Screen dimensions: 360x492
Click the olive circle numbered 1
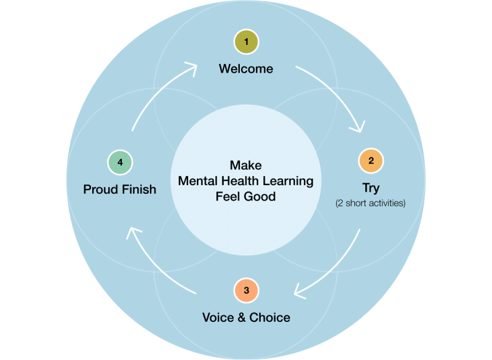click(x=246, y=42)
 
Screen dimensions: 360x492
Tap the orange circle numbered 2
click(x=370, y=161)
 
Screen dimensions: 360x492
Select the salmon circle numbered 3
click(x=246, y=290)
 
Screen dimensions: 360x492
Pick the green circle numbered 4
click(x=121, y=162)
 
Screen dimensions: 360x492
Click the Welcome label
click(x=246, y=69)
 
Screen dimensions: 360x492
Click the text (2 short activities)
click(x=370, y=203)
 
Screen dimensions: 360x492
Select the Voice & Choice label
click(x=246, y=318)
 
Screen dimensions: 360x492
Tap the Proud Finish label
click(x=120, y=190)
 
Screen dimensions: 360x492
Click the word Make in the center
click(x=246, y=166)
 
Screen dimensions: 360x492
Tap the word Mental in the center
click(x=196, y=181)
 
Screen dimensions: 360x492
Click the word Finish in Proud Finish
click(x=138, y=190)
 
